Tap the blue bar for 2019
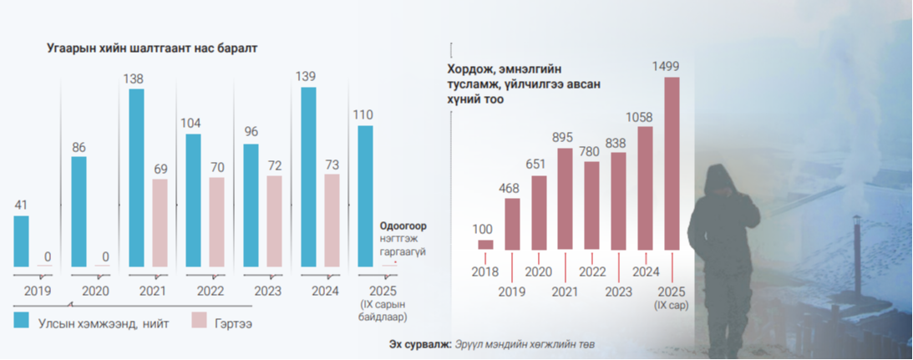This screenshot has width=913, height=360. pyautogui.click(x=21, y=241)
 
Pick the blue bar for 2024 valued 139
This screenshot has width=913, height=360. pyautogui.click(x=309, y=177)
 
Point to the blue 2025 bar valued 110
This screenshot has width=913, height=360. pyautogui.click(x=365, y=196)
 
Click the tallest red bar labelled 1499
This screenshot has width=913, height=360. pyautogui.click(x=672, y=163)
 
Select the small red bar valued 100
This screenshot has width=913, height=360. pyautogui.click(x=485, y=244)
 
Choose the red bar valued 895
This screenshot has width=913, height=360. pyautogui.click(x=566, y=199)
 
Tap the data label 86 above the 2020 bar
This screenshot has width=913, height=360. pyautogui.click(x=79, y=147)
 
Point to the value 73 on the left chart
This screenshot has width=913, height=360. pyautogui.click(x=332, y=165)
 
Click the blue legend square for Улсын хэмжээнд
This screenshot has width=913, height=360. pyautogui.click(x=22, y=320)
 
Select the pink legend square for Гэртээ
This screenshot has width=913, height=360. pyautogui.click(x=199, y=320)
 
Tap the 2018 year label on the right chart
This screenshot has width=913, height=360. pyautogui.click(x=485, y=271)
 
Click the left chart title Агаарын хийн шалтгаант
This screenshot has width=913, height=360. pyautogui.click(x=151, y=48)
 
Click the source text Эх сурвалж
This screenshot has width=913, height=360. pyautogui.click(x=420, y=344)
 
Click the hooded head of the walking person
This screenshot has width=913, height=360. pyautogui.click(x=718, y=181)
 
